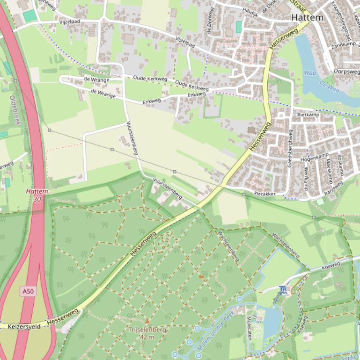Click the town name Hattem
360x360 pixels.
click(x=307, y=17)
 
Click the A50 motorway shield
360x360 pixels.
click(x=28, y=291)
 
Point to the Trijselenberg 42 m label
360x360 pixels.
click(x=147, y=333)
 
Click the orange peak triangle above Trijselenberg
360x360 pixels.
click(x=147, y=321)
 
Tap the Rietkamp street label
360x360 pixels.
click(x=308, y=115)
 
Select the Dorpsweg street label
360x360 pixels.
click(x=347, y=72)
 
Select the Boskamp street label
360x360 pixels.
click(x=340, y=165)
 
